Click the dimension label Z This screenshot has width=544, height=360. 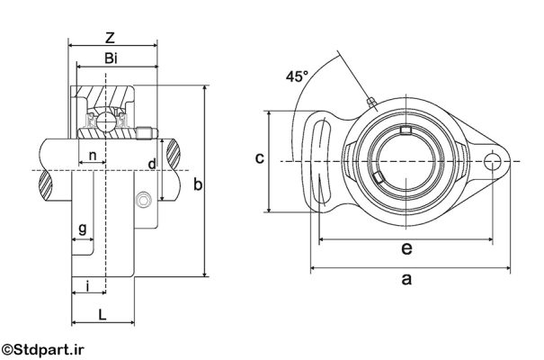click(x=110, y=38)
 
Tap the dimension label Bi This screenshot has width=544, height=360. click(x=111, y=58)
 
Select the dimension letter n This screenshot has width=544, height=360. click(x=93, y=156)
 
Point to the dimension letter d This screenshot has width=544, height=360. click(x=152, y=164)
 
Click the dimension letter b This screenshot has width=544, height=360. click(x=198, y=184)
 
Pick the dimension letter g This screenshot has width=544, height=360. click(x=83, y=229)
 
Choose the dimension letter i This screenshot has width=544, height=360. click(x=88, y=286)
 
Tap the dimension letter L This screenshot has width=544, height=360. click(x=102, y=315)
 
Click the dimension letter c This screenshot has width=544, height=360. click(x=260, y=158)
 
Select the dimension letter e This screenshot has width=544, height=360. click(x=406, y=248)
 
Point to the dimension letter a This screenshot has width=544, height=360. click(x=406, y=279)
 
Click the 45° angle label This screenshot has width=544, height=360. click(x=297, y=76)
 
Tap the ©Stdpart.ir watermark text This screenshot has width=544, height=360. click(x=42, y=349)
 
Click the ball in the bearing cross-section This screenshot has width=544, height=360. click(x=104, y=122)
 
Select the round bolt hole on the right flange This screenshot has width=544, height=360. click(x=492, y=162)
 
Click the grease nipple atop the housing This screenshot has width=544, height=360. click(x=371, y=102)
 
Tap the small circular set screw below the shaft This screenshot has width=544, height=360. click(x=143, y=201)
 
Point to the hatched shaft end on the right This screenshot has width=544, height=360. click(x=174, y=154)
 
